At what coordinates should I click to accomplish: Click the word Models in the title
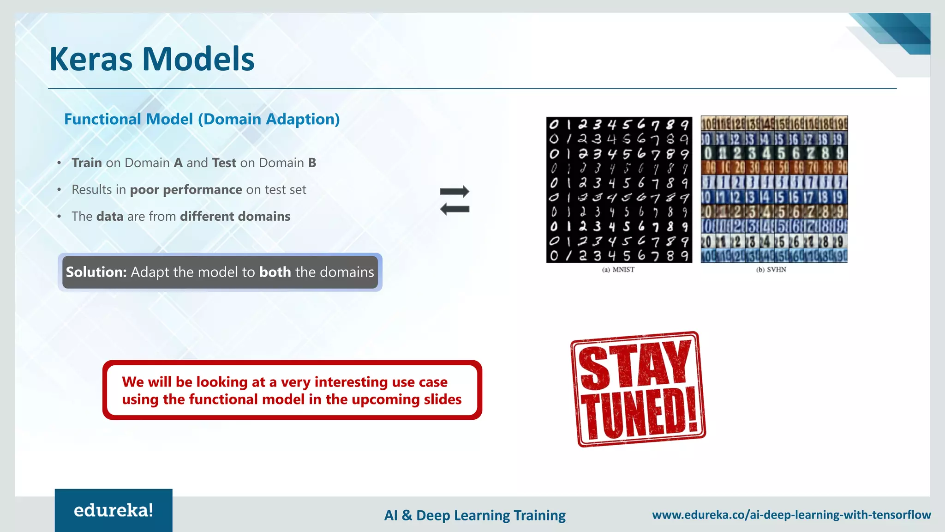coord(198,59)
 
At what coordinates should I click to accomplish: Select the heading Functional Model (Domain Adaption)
coord(202,119)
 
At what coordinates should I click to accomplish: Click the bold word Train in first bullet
coord(87,163)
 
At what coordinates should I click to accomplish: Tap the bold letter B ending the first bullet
coord(312,163)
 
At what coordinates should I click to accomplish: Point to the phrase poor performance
coord(186,190)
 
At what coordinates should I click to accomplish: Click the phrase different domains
coord(235,217)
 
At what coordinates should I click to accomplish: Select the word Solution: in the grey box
coord(96,272)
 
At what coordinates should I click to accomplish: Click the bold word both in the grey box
coord(275,272)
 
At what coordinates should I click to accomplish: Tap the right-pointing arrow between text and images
coord(455,191)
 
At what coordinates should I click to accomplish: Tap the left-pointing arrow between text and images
coord(455,209)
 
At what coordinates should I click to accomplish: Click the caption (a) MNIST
coord(618,270)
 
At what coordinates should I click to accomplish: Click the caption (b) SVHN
coord(771,270)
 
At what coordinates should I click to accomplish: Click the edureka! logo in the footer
coord(114,510)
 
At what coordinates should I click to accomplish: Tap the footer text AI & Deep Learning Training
coord(475,515)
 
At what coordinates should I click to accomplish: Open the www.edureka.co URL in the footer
coord(791,514)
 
